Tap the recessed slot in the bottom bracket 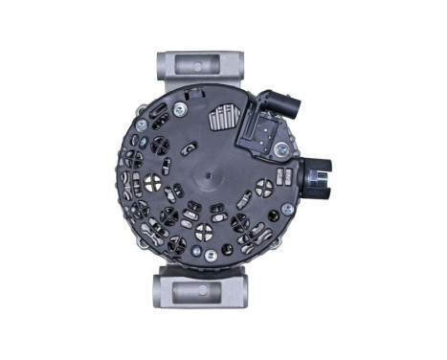point(202,291)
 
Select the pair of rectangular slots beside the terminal point(284,175)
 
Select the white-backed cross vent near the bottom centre point(204,231)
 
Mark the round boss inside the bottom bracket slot point(202,291)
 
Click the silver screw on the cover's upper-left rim point(141,124)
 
